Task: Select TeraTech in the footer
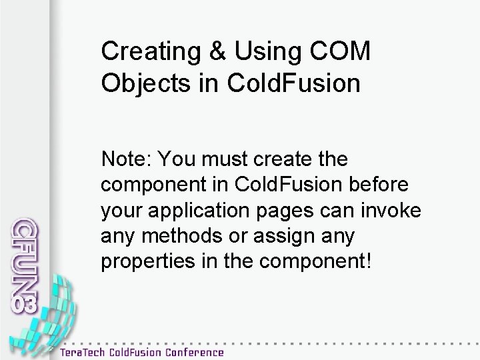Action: [86, 351]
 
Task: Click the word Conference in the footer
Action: [191, 351]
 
